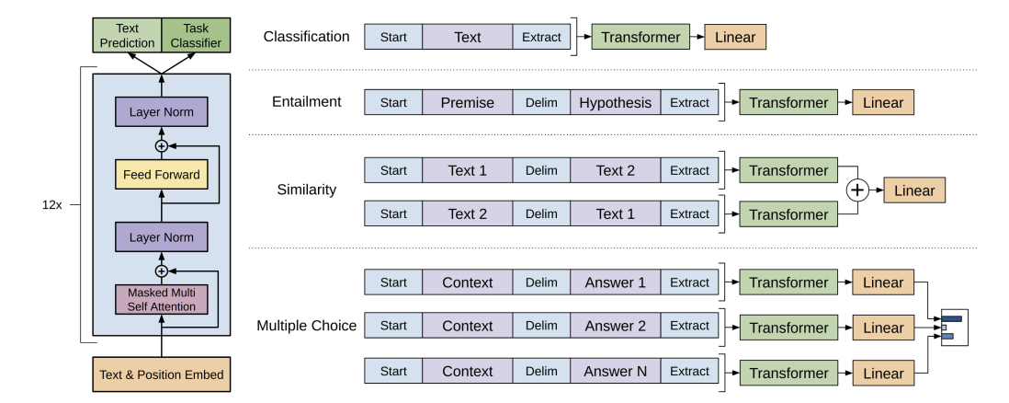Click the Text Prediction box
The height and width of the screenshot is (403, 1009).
[x=127, y=36]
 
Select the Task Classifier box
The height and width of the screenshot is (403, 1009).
[x=196, y=36]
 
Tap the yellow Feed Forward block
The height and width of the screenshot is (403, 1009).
[x=162, y=174]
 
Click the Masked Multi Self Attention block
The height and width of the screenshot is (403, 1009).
[x=162, y=299]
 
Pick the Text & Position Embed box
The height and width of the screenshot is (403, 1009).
[x=162, y=374]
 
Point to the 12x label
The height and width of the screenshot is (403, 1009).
[x=52, y=205]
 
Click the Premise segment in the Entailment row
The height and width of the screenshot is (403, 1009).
[x=468, y=102]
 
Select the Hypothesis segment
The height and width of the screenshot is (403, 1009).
[x=615, y=102]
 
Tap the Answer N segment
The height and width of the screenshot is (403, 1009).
[x=615, y=372]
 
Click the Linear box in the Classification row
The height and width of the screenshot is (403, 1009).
[x=735, y=37]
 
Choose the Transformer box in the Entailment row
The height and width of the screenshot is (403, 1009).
[x=788, y=102]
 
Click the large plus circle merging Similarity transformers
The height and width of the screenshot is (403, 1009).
[x=857, y=190]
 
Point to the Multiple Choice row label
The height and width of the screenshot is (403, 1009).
[x=306, y=326]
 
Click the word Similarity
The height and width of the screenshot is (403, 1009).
[x=306, y=190]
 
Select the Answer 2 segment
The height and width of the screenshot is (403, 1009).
[x=615, y=326]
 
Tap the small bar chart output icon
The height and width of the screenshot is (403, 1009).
[x=954, y=328]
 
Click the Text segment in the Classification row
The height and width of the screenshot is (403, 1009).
[x=468, y=37]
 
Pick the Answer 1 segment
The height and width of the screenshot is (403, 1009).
[x=615, y=282]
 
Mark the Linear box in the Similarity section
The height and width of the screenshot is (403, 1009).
[x=914, y=190]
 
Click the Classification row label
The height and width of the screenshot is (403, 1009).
[x=306, y=37]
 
